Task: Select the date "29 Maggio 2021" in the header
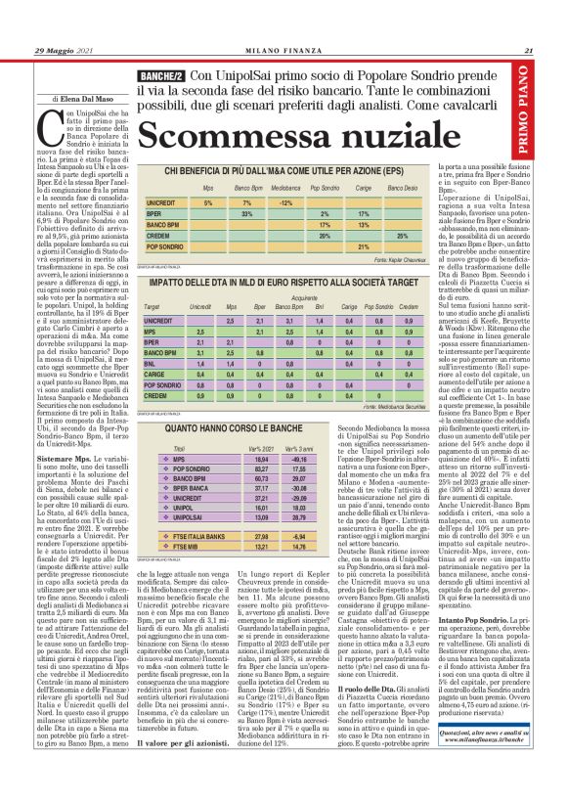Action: (65, 52)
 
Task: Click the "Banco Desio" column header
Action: (401, 186)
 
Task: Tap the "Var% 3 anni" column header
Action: (301, 420)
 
